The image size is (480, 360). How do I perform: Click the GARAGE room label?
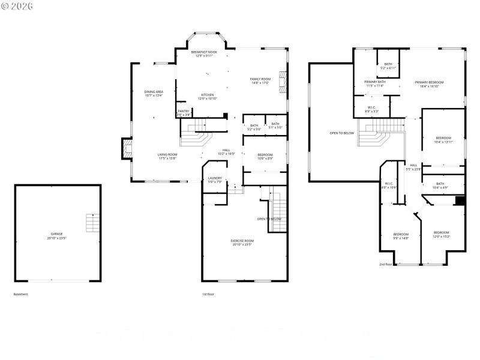(x=56, y=234)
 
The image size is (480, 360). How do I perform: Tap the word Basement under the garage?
(x=20, y=294)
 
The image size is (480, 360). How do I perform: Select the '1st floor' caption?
(x=208, y=294)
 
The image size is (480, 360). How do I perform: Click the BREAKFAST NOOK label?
(x=203, y=53)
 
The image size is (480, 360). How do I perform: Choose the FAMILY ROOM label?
(x=260, y=79)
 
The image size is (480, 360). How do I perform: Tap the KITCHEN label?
(x=208, y=95)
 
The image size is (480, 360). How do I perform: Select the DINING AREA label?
(x=154, y=92)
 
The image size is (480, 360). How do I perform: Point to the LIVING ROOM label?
(x=168, y=155)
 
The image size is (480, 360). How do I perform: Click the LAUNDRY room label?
(x=215, y=178)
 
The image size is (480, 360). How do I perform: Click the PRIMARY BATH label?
(x=374, y=82)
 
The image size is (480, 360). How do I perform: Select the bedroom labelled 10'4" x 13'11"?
(x=443, y=138)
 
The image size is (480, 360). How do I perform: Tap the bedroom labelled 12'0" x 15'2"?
(x=441, y=233)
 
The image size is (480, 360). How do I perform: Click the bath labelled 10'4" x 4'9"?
(x=440, y=184)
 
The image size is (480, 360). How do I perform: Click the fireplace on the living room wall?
(x=126, y=148)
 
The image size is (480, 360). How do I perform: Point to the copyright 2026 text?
(x=17, y=7)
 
